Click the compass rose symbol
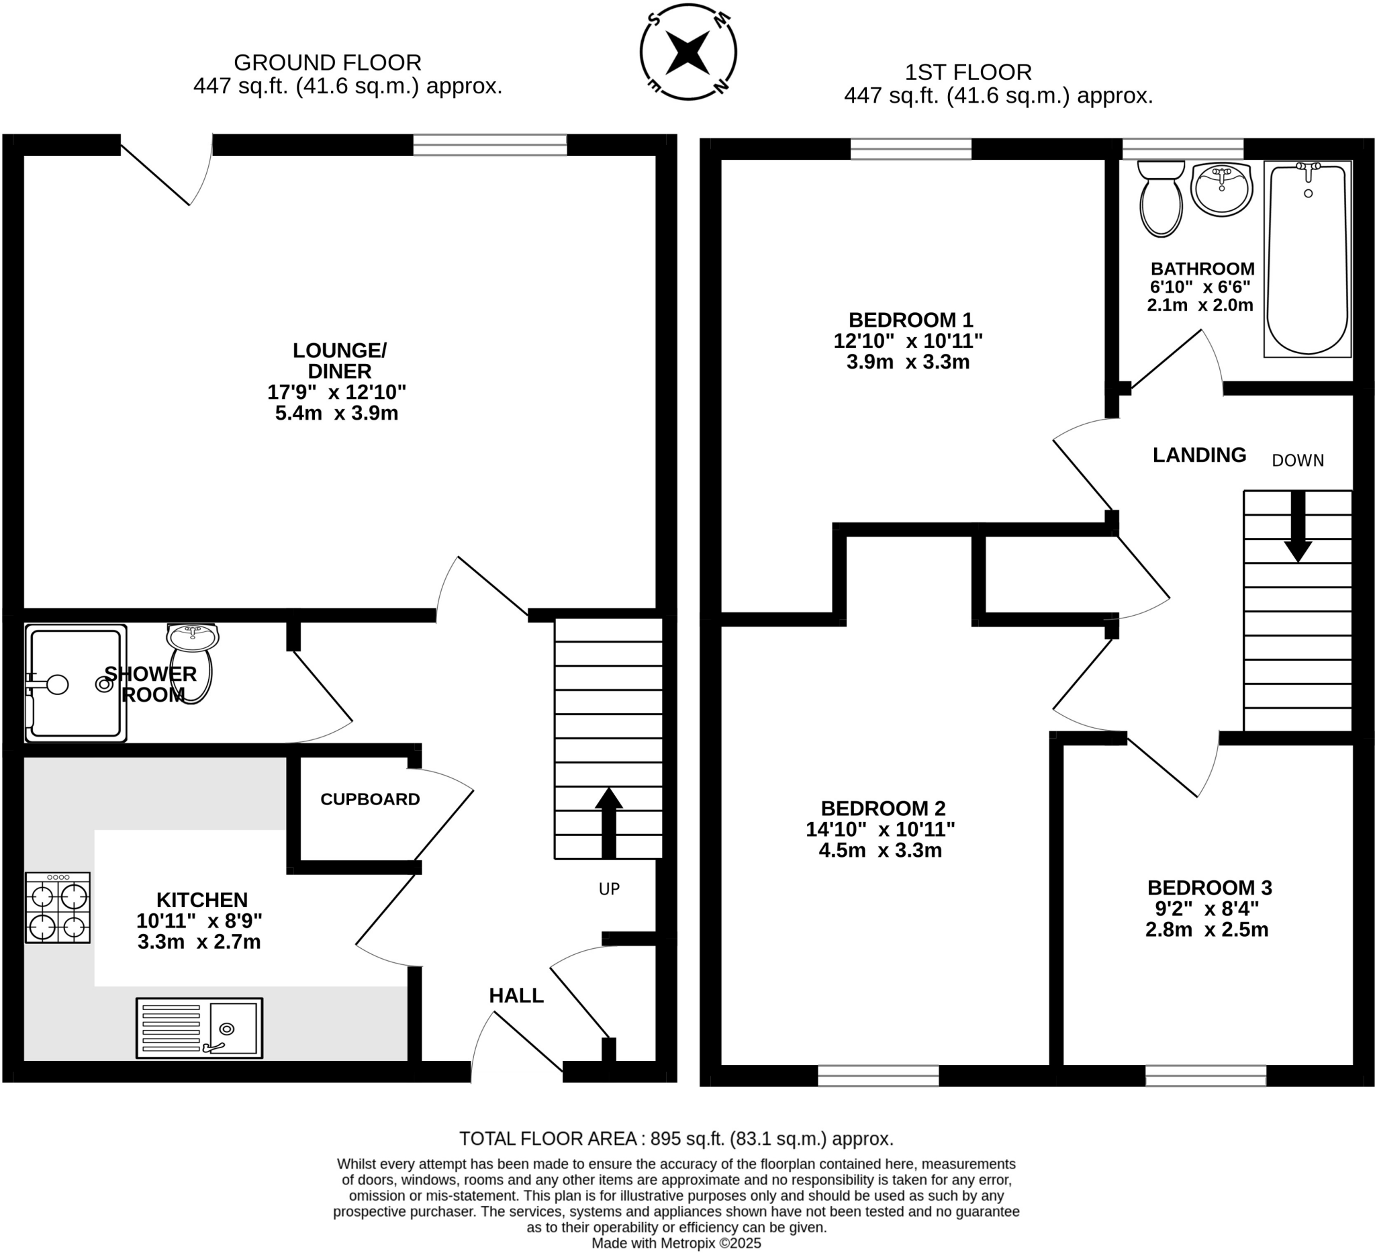pos(688,52)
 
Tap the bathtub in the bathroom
pos(1307,259)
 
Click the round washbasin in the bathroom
pos(1221,189)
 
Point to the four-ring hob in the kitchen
pos(58,908)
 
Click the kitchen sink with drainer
pos(199,1029)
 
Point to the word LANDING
pos(1199,455)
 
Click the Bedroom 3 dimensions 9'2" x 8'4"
pos(1206,909)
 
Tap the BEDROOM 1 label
pos(910,320)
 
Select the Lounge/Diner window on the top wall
pos(489,144)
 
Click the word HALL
pos(516,996)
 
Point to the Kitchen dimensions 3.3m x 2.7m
pos(199,942)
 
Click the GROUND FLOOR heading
pos(328,62)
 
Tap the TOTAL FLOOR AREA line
pos(676,1138)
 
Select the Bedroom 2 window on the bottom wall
pos(878,1076)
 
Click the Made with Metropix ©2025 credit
pos(676,1243)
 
